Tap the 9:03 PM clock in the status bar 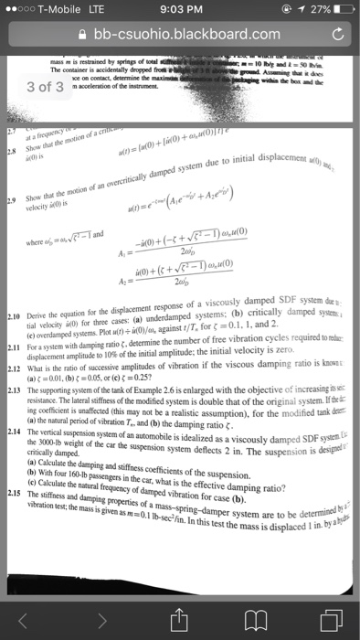coord(180,10)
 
